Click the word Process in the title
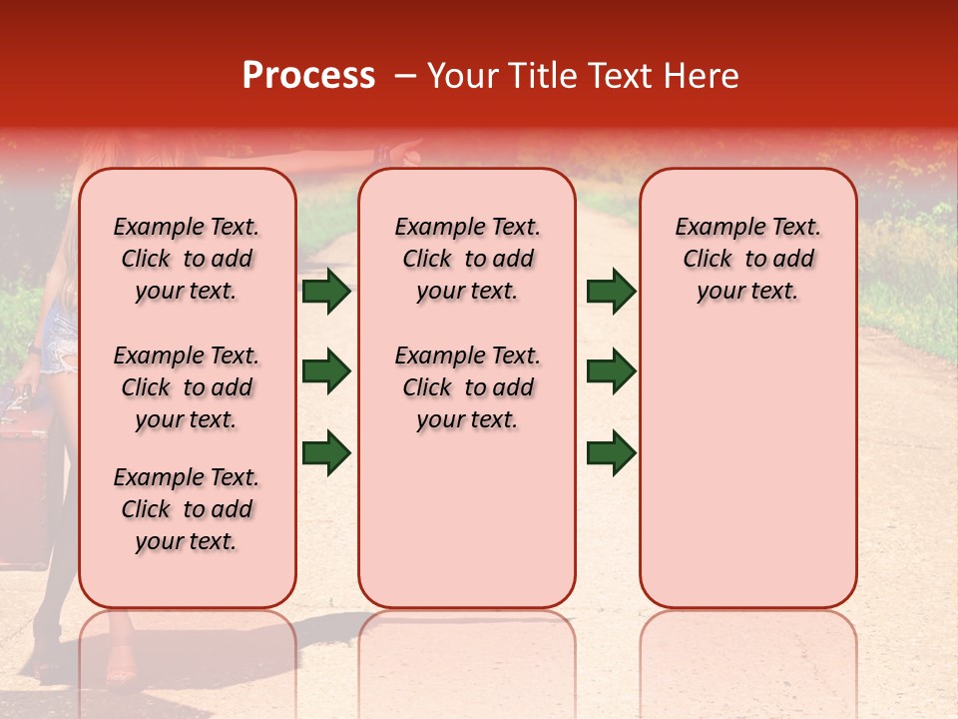tap(308, 76)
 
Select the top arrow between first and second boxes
tap(326, 292)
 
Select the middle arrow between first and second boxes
tap(326, 371)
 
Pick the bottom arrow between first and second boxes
tap(326, 452)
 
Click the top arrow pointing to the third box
tap(612, 292)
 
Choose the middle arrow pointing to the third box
tap(612, 371)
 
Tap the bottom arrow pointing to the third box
tap(612, 452)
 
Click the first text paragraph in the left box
tap(187, 259)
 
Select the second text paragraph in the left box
tap(187, 387)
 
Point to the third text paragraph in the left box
tap(187, 509)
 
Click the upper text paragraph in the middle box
tap(467, 259)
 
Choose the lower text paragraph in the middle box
tap(467, 387)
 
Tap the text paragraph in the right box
tap(747, 259)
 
